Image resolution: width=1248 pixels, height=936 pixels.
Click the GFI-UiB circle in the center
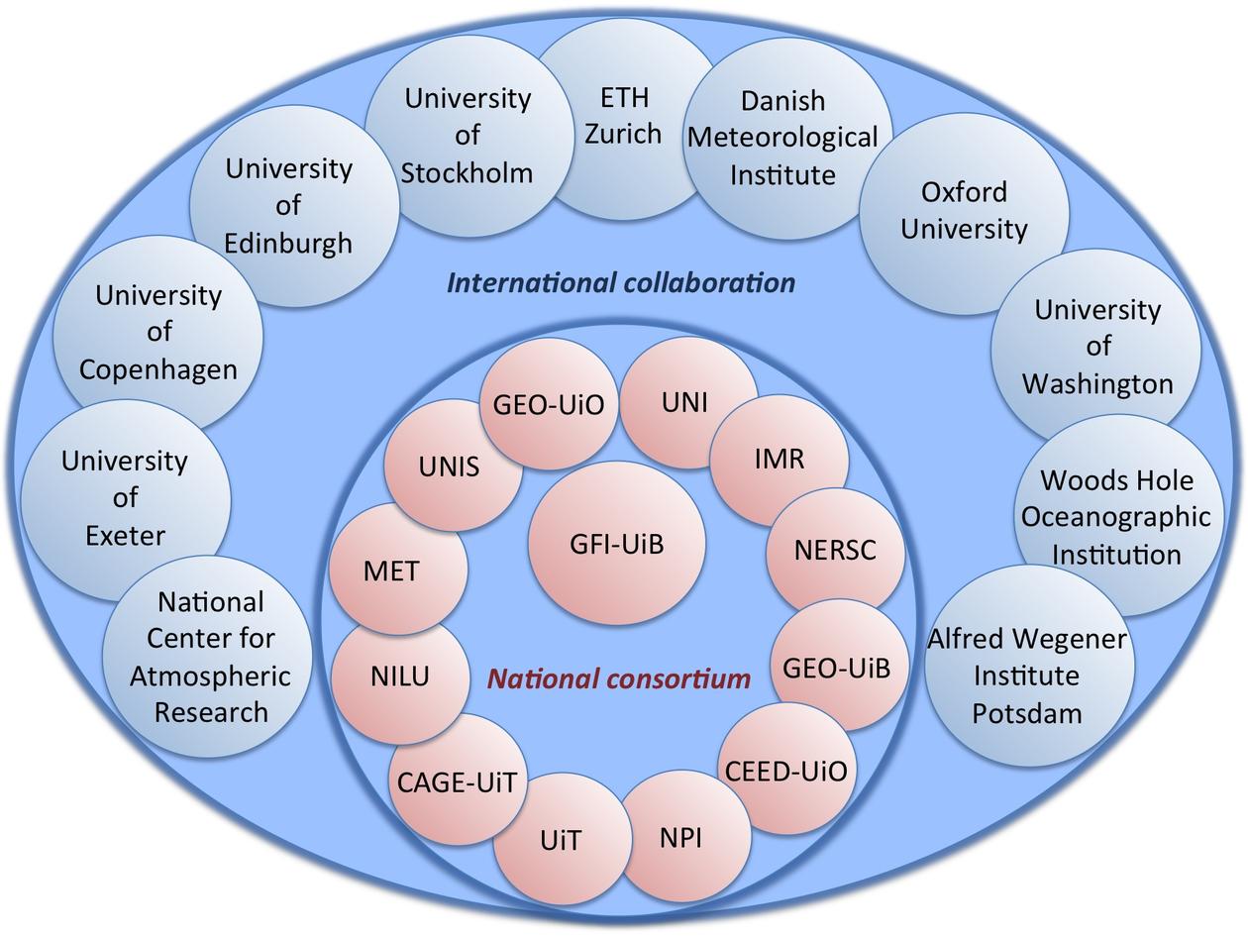point(616,543)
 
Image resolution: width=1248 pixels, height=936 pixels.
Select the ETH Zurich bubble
point(623,115)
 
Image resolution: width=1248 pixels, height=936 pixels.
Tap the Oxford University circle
point(964,210)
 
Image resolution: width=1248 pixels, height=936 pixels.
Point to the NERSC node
point(835,550)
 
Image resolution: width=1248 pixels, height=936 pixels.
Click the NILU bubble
point(400,676)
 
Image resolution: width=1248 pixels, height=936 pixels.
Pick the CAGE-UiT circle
point(457,781)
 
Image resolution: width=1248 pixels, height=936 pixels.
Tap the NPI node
point(681,837)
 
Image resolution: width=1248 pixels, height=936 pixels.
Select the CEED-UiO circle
point(786,770)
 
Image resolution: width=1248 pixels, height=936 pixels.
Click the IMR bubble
point(780,460)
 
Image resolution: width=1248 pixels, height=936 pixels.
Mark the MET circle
point(391,571)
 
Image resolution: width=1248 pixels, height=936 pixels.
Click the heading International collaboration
point(621,282)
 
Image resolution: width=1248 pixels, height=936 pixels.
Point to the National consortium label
point(619,678)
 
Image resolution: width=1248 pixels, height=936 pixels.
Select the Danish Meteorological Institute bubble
point(782,138)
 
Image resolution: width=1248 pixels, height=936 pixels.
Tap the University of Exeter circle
point(125,498)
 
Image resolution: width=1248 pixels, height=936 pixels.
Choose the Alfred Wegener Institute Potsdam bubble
point(1027,676)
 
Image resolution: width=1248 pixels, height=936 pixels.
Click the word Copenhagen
point(158,369)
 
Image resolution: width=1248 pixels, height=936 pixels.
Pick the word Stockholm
point(468,172)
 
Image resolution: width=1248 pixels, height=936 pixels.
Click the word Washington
point(1097,383)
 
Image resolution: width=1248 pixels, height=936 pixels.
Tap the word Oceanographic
point(1116,517)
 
